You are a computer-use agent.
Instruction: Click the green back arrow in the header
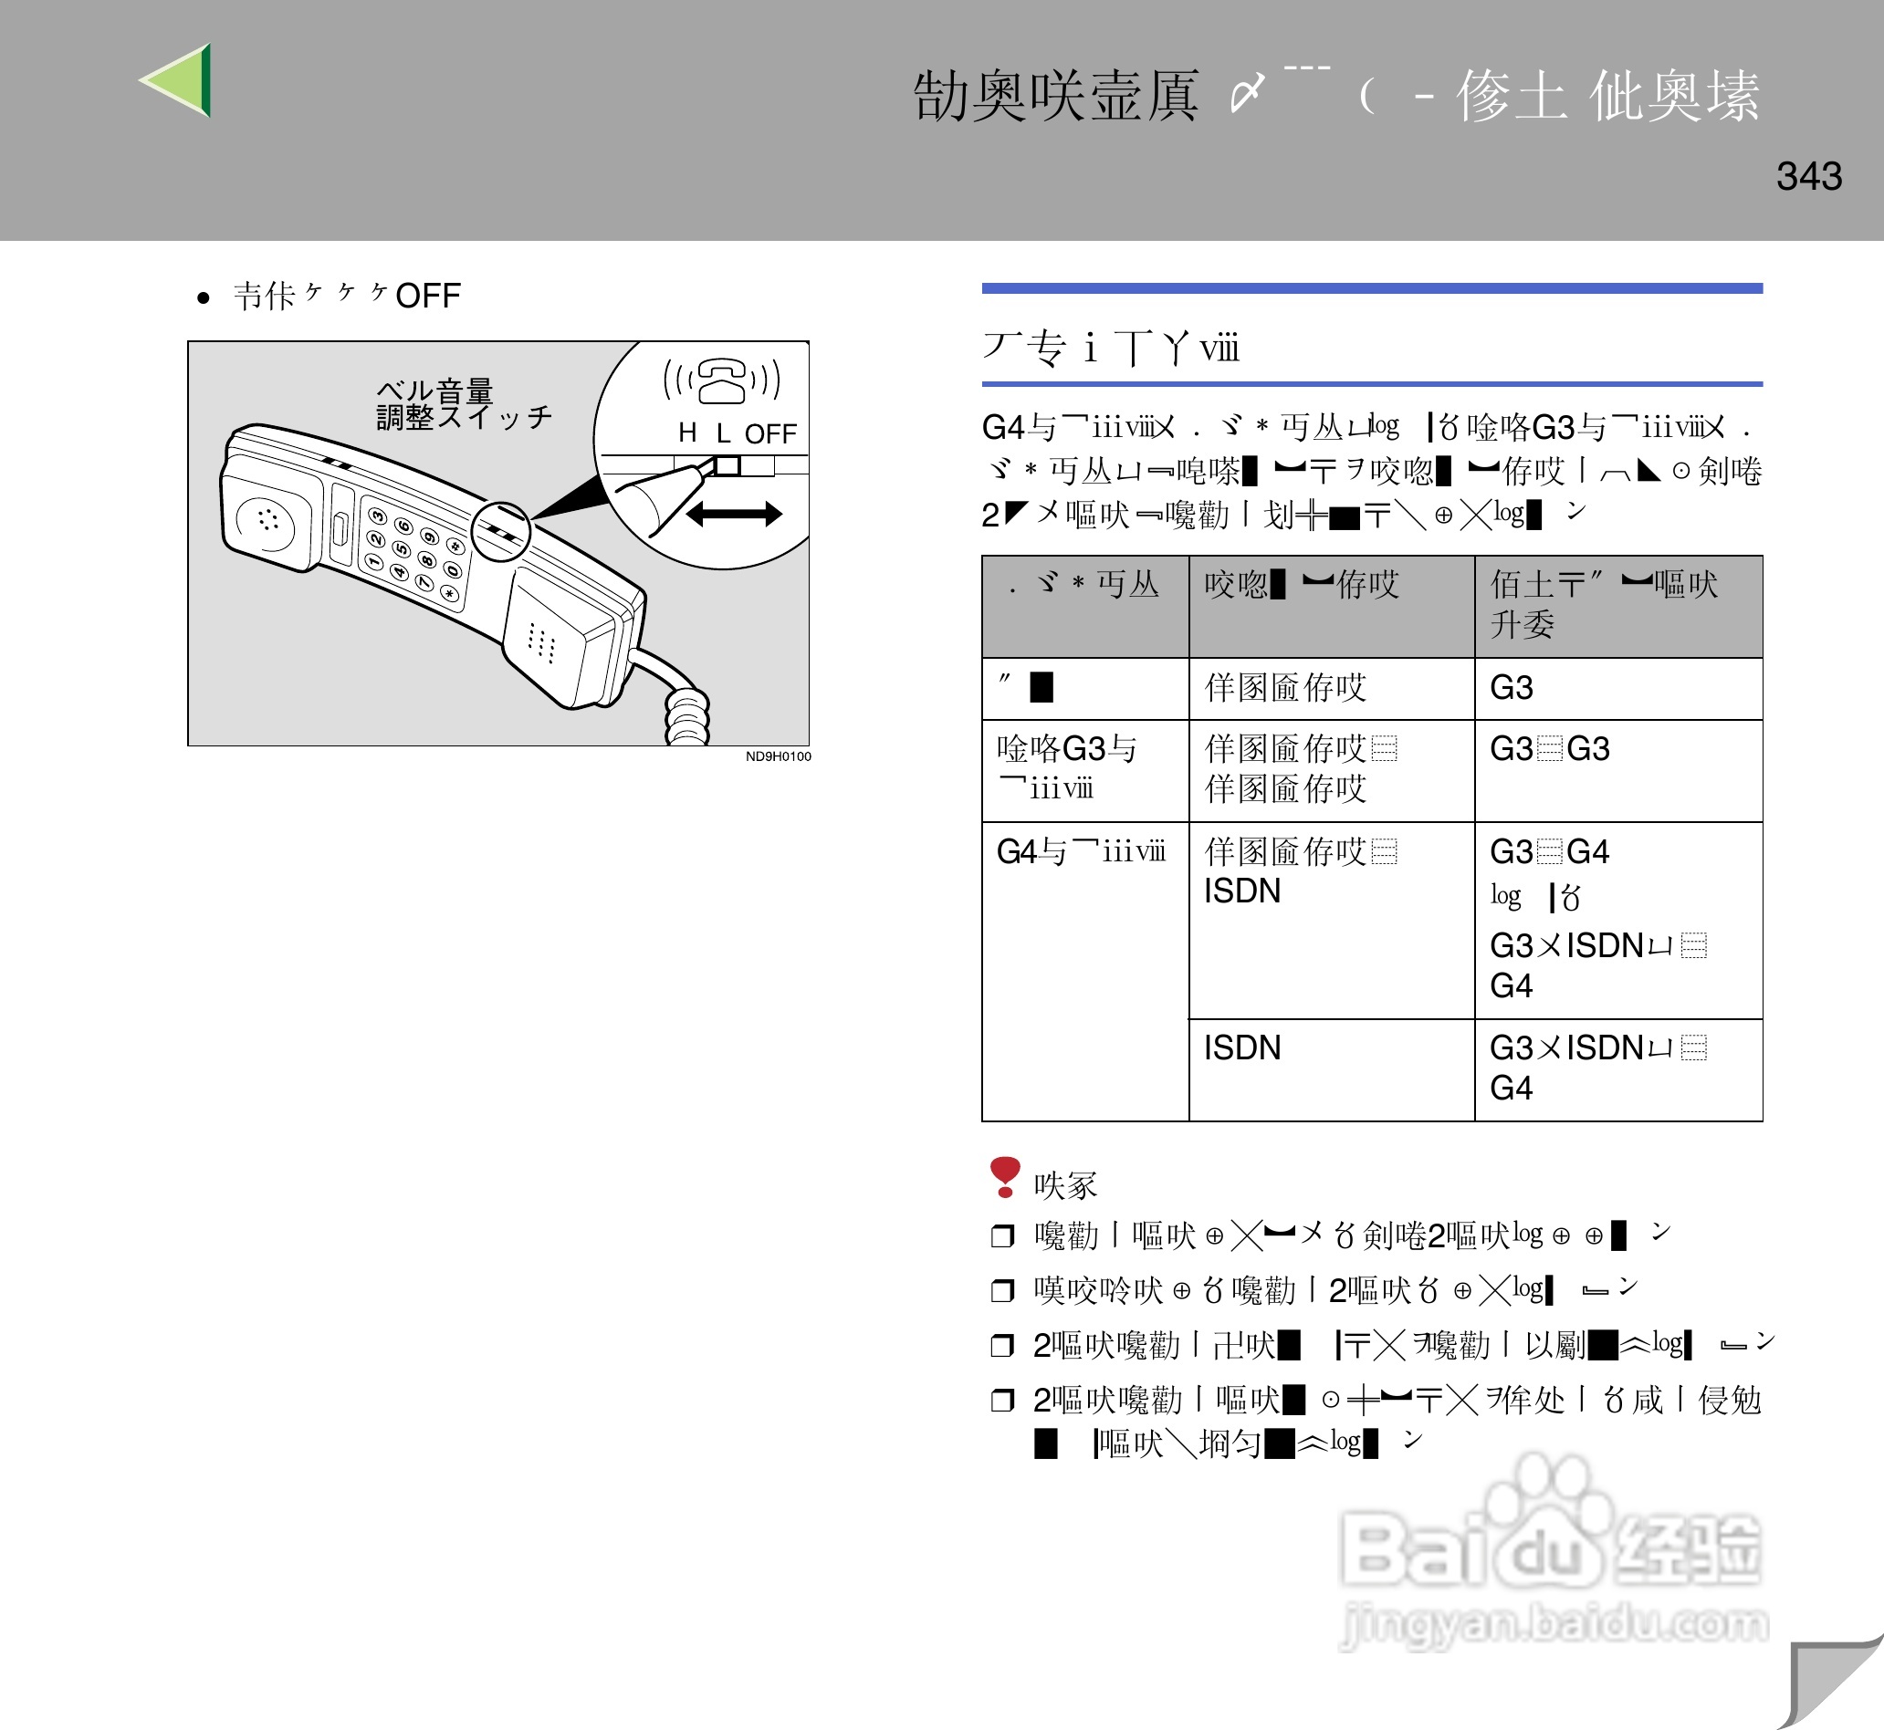click(180, 80)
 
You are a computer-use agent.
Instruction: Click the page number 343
click(1808, 176)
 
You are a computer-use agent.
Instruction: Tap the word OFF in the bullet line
click(428, 296)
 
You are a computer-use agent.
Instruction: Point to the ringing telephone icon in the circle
click(721, 380)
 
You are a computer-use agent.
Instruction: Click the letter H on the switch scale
click(687, 432)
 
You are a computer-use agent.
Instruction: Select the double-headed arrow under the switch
click(733, 514)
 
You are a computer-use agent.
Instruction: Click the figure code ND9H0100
click(778, 756)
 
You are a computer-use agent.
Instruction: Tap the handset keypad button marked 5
click(401, 549)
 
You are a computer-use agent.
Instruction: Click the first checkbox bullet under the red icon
click(1002, 1236)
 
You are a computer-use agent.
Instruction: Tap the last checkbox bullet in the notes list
click(1002, 1401)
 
